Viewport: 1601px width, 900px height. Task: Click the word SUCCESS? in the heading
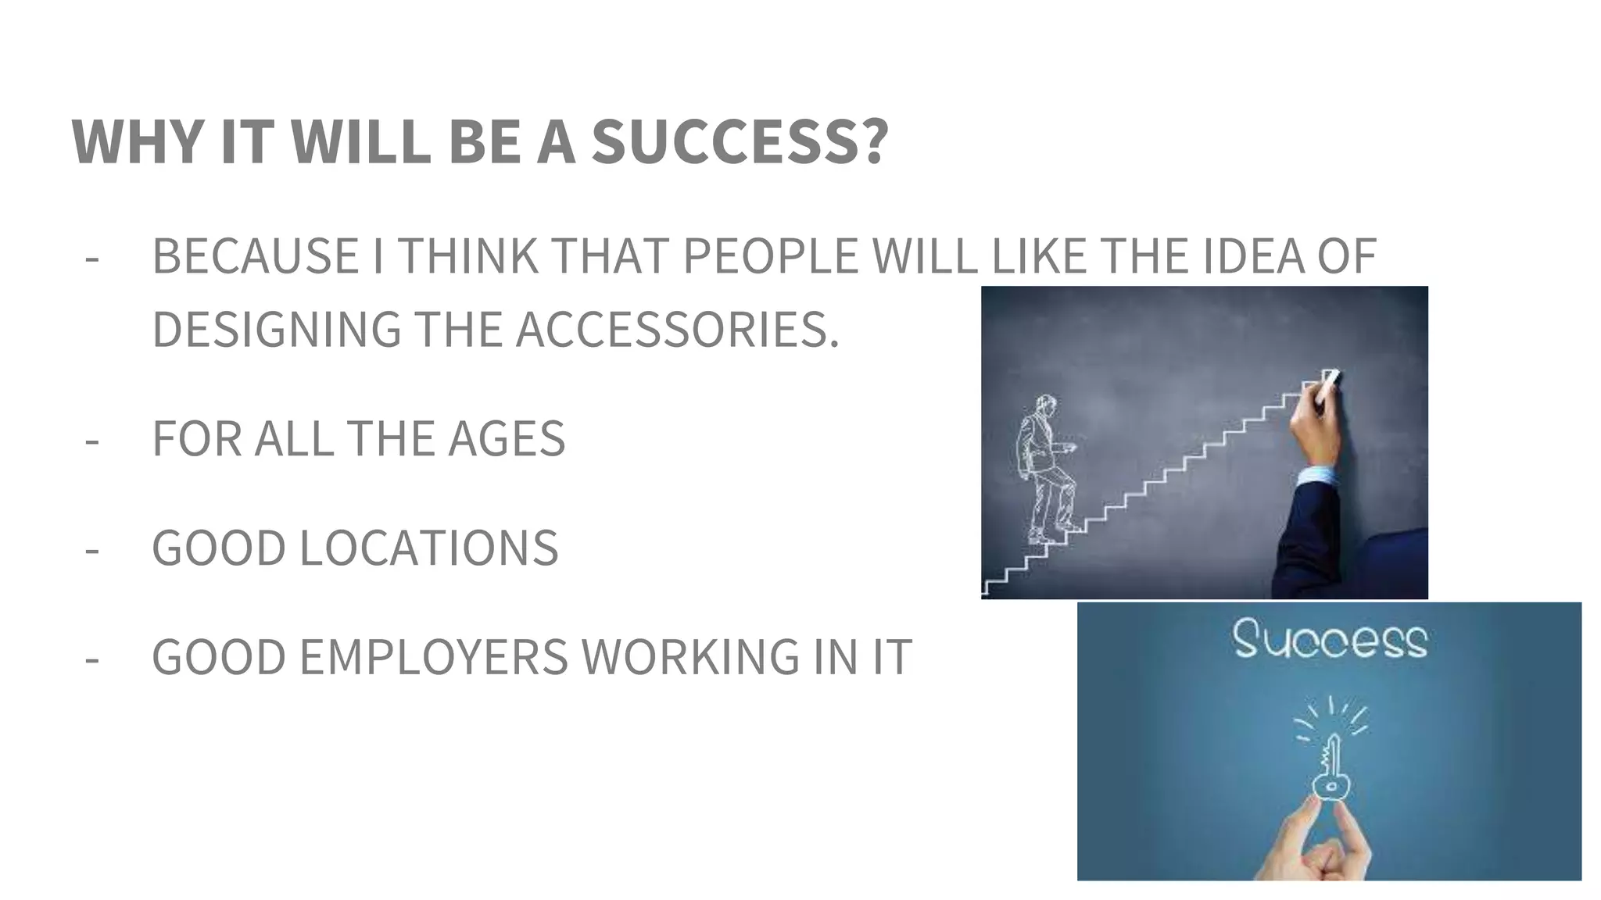click(740, 141)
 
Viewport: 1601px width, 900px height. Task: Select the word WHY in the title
click(138, 141)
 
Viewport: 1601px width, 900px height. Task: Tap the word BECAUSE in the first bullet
click(255, 256)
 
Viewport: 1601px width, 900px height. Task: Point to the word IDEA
click(1253, 256)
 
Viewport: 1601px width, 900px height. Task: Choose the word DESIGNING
click(276, 330)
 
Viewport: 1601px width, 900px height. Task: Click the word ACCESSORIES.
click(677, 330)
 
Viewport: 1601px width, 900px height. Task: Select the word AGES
click(506, 438)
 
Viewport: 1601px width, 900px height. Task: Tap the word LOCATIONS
click(428, 548)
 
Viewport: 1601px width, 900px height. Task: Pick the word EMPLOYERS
click(433, 657)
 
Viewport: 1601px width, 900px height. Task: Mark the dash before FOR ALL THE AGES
click(92, 440)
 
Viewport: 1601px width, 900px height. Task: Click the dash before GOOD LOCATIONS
click(92, 549)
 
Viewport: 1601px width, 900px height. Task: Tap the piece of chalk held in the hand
click(1329, 380)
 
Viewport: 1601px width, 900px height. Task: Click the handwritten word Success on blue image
click(1329, 641)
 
